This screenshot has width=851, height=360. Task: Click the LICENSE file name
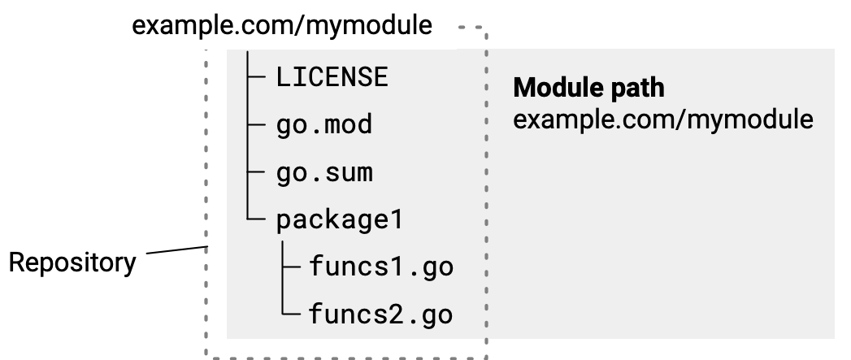coord(332,77)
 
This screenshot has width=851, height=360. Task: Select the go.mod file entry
coord(323,125)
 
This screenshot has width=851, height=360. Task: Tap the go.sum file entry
coord(323,173)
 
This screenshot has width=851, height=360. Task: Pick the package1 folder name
coord(340,221)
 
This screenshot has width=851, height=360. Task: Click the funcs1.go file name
coord(380,267)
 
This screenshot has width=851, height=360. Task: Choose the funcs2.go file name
coord(380,314)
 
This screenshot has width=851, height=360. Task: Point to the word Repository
coord(72,263)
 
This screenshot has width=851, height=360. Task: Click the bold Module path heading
coord(588,88)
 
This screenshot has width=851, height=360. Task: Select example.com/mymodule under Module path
coord(663,119)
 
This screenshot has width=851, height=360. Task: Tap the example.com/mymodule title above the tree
coord(282,25)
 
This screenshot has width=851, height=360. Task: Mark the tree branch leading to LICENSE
coord(258,77)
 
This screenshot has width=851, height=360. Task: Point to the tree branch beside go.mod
coord(258,125)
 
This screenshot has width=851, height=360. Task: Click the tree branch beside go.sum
coord(258,173)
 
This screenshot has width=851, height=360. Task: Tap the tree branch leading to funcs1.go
coord(292,267)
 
